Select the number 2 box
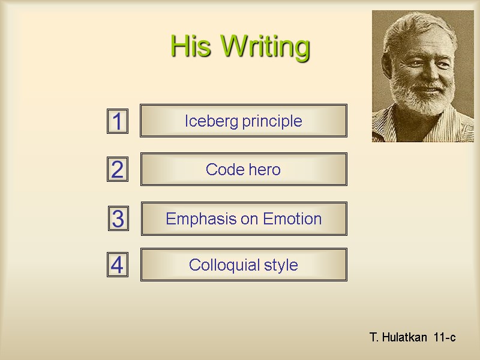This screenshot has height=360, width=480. click(118, 170)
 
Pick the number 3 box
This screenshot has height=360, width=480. click(118, 219)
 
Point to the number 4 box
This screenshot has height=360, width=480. click(118, 265)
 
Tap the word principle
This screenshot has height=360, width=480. click(272, 122)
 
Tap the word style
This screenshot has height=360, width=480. click(280, 265)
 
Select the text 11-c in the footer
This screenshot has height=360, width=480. click(444, 338)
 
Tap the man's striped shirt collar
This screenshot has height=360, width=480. click(387, 129)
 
